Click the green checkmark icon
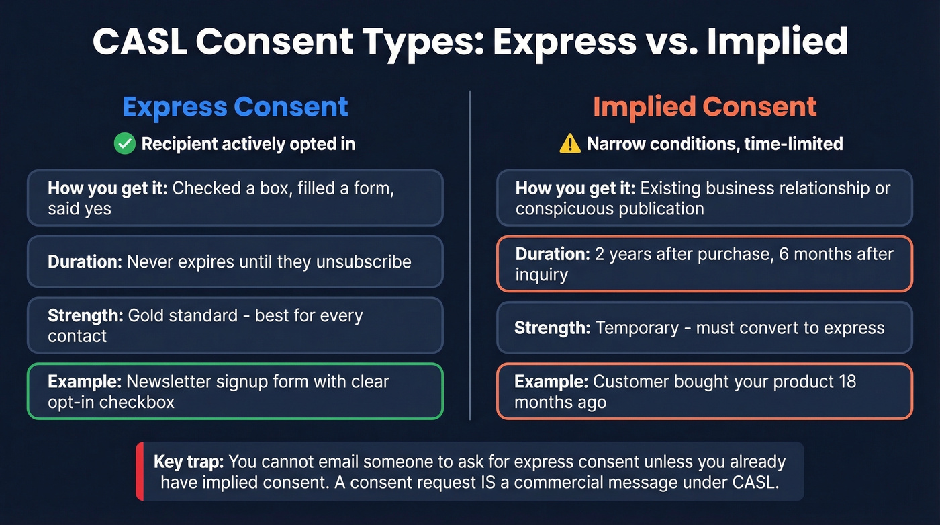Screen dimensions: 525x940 (x=124, y=143)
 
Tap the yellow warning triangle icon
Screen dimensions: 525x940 (x=569, y=143)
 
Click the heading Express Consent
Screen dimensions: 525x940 (x=235, y=107)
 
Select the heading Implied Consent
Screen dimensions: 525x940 (x=704, y=107)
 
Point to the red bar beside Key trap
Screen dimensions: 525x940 (x=139, y=471)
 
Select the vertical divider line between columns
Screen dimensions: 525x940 (x=470, y=255)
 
